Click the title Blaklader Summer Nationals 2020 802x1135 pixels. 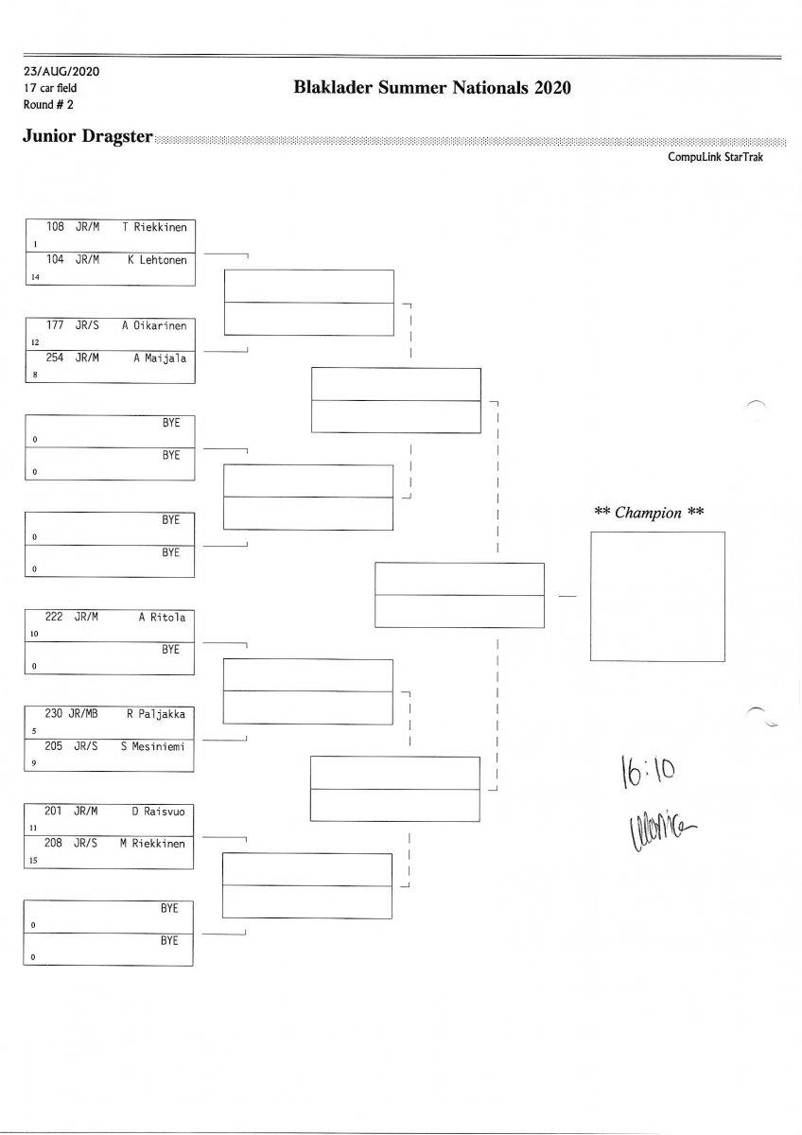pos(433,88)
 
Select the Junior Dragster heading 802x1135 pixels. pos(88,136)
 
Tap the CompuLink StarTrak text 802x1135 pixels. pos(715,157)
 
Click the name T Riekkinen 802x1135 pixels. pos(155,227)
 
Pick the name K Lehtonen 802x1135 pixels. pos(157,260)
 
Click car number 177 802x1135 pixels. pos(55,325)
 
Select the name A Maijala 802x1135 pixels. pos(160,358)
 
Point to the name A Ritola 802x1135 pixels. pos(162,618)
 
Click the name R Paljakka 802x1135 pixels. pos(156,714)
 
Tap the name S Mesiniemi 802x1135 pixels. pos(153,747)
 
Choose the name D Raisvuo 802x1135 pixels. pos(158,811)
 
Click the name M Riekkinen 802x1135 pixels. pos(153,844)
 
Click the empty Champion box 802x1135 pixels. pos(656,596)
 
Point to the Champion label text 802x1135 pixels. pos(649,513)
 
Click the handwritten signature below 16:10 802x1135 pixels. pos(652,830)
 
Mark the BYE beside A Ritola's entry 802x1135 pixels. pos(170,650)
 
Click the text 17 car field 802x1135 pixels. pos(51,87)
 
